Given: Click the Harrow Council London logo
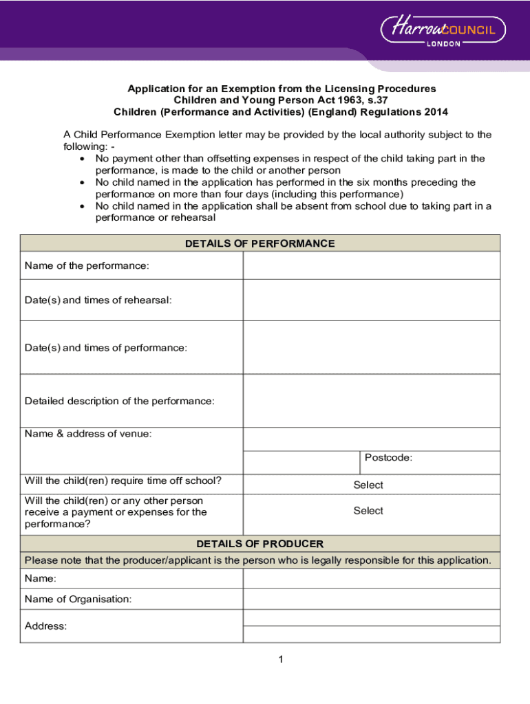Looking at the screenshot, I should (x=443, y=31).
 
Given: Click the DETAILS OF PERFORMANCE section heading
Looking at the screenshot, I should (x=260, y=243).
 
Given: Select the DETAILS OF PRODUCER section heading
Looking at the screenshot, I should (x=260, y=544).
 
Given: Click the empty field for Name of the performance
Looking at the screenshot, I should (x=371, y=265).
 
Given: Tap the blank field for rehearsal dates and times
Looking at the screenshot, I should (x=371, y=300).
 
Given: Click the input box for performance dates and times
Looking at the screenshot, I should (x=371, y=348).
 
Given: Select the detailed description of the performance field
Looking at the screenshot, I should (x=371, y=401).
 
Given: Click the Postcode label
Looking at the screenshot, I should (x=388, y=458).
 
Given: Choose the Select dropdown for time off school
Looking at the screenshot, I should (x=368, y=485).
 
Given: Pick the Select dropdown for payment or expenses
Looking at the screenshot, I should (x=368, y=511).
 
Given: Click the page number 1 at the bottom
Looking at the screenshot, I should (x=281, y=660).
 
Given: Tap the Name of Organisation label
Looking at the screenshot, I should (x=78, y=599).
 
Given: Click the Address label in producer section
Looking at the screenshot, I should (x=45, y=626).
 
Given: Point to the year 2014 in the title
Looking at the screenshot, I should (x=436, y=112).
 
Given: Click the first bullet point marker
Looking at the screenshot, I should (x=83, y=159).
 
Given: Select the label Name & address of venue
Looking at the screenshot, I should (x=88, y=434).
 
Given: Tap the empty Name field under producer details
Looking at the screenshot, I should (x=371, y=579).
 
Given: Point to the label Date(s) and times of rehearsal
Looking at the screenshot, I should (x=98, y=300).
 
